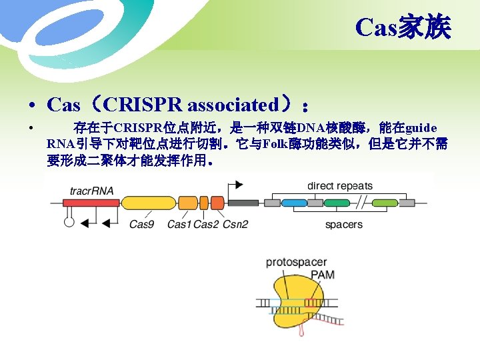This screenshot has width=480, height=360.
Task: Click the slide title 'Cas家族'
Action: [x=403, y=28]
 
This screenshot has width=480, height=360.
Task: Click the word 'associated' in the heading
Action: [x=233, y=105]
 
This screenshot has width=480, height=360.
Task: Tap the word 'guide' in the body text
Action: [x=421, y=127]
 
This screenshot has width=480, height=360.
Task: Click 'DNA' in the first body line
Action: [x=311, y=127]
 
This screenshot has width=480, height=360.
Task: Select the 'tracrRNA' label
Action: [x=91, y=191]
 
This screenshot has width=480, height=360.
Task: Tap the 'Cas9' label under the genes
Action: [x=141, y=224]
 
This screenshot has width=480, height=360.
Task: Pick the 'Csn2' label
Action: [x=235, y=224]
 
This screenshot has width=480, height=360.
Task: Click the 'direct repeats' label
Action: [x=340, y=186]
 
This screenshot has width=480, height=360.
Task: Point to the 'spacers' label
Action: [x=344, y=225]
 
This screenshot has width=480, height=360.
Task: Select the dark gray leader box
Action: [x=243, y=203]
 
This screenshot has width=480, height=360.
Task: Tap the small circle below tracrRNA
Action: [x=69, y=222]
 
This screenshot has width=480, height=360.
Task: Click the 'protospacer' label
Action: [x=296, y=262]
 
